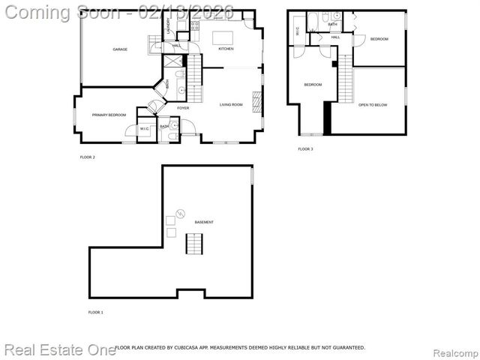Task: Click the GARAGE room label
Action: pyautogui.click(x=120, y=49)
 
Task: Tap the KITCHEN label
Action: pyautogui.click(x=226, y=49)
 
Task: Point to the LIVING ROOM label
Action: pyautogui.click(x=231, y=104)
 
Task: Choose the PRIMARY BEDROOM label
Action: pyautogui.click(x=109, y=115)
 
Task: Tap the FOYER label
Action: pyautogui.click(x=183, y=108)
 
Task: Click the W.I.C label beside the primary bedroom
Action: pyautogui.click(x=145, y=129)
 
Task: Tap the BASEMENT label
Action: pyautogui.click(x=204, y=223)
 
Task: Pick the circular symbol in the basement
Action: pyautogui.click(x=179, y=213)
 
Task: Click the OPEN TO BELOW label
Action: pyautogui.click(x=373, y=104)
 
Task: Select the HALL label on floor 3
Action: pyautogui.click(x=335, y=36)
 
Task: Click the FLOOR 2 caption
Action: pyautogui.click(x=87, y=157)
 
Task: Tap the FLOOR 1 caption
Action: pyautogui.click(x=95, y=311)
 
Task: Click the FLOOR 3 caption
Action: pyautogui.click(x=305, y=149)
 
